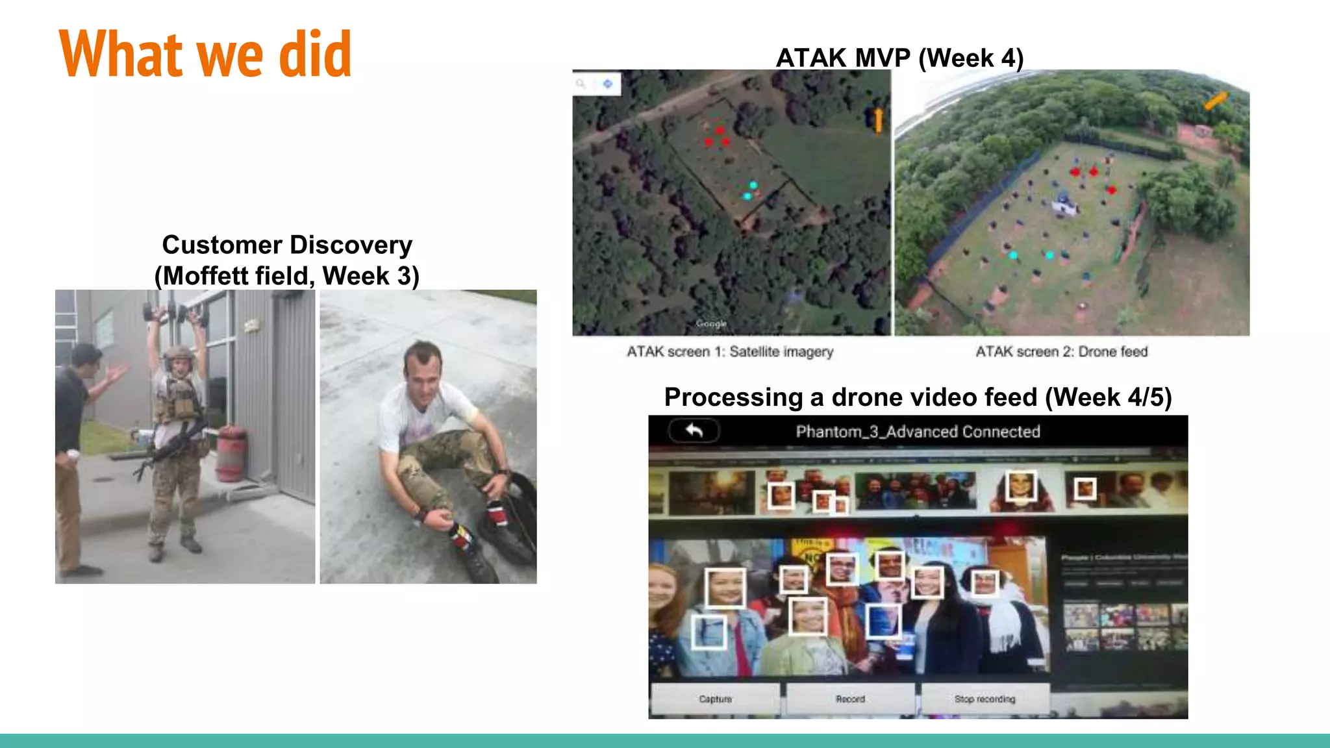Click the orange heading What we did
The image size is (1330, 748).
pyautogui.click(x=205, y=55)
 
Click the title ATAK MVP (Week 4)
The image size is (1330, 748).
pyautogui.click(x=899, y=58)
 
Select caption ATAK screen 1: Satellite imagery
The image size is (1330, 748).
pyautogui.click(x=729, y=352)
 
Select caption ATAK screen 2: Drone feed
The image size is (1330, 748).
pyautogui.click(x=1061, y=352)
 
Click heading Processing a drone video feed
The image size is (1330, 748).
pyautogui.click(x=917, y=397)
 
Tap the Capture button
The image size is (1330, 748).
pyautogui.click(x=715, y=699)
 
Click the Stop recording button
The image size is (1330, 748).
pyautogui.click(x=984, y=699)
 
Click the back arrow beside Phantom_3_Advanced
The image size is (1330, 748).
pyautogui.click(x=694, y=430)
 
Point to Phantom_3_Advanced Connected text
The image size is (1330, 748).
pyautogui.click(x=918, y=432)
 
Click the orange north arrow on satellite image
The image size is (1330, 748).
pyautogui.click(x=878, y=119)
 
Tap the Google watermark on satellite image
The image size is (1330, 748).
pyautogui.click(x=711, y=323)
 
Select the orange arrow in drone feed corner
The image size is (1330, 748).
pyautogui.click(x=1215, y=100)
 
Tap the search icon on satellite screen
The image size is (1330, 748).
pyautogui.click(x=581, y=84)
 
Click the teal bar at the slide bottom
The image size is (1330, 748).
pyautogui.click(x=665, y=741)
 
